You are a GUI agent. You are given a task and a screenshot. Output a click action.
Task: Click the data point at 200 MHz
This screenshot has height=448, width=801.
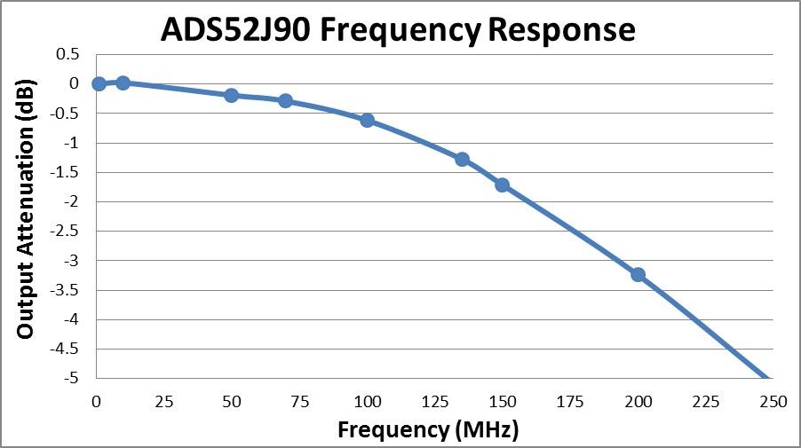638,275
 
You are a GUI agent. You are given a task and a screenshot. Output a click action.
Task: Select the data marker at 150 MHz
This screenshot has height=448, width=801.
502,185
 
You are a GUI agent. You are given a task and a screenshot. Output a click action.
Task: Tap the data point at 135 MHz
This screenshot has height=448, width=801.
462,160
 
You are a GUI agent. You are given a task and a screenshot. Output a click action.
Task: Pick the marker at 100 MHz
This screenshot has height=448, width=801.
367,121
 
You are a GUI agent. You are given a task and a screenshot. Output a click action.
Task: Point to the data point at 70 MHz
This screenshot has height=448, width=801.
285,101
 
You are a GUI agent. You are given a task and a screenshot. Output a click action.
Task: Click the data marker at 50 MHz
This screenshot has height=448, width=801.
231,95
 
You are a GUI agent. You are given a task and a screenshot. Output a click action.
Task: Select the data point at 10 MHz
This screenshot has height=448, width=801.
123,83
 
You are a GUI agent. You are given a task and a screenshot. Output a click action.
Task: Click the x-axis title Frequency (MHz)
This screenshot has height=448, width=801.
427,431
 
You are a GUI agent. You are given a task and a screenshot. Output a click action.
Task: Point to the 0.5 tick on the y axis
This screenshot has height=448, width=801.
68,54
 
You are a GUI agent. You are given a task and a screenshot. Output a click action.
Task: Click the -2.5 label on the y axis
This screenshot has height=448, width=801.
65,232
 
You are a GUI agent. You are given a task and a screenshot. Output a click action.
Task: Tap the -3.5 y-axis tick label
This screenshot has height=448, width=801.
65,290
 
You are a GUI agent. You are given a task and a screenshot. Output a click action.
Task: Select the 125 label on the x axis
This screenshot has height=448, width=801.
434,402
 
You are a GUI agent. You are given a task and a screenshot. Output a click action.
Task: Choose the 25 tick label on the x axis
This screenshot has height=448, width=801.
163,402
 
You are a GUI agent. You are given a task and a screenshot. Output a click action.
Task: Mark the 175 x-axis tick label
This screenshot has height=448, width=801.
570,402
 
